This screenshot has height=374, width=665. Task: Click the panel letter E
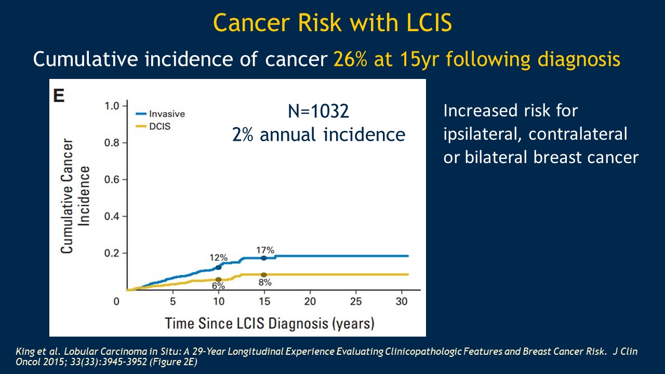pos(59,96)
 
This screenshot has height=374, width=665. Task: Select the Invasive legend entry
pos(167,114)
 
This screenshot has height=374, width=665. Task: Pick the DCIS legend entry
pos(161,126)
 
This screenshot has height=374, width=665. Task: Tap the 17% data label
pos(265,249)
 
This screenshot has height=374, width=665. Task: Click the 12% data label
pos(219,258)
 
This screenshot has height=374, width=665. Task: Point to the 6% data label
pos(218,286)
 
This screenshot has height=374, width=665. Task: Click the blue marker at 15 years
pos(264,258)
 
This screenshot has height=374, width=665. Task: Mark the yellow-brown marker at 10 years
pos(218,279)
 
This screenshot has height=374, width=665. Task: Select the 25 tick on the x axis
pos(356,301)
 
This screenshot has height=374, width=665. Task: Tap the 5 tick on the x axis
pos(173,301)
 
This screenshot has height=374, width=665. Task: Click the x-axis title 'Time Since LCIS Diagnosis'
pos(270,323)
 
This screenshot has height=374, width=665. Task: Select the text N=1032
pos(318,111)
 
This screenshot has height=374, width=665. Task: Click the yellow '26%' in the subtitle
pos(351,60)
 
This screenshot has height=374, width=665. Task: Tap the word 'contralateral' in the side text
pos(578,134)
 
